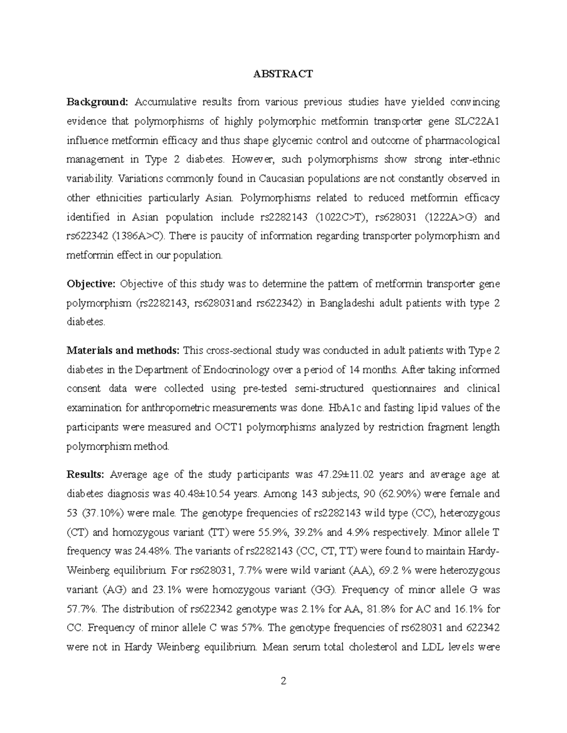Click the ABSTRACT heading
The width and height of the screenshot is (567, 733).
pyautogui.click(x=283, y=74)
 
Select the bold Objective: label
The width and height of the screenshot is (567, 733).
pyautogui.click(x=91, y=284)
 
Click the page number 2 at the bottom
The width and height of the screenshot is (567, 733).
pyautogui.click(x=283, y=681)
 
